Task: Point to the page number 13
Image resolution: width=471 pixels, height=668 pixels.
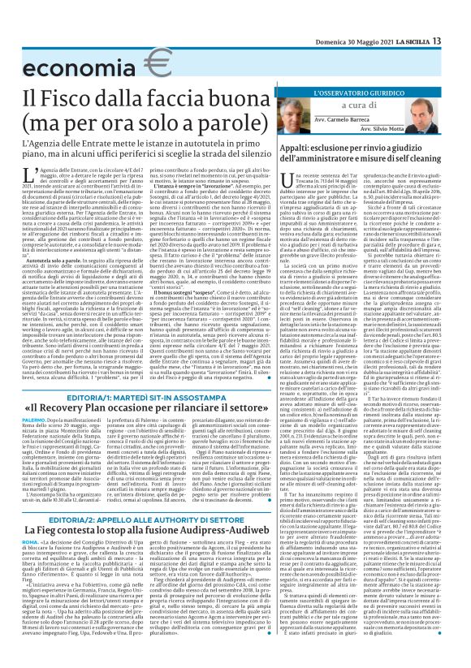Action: (460, 17)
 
